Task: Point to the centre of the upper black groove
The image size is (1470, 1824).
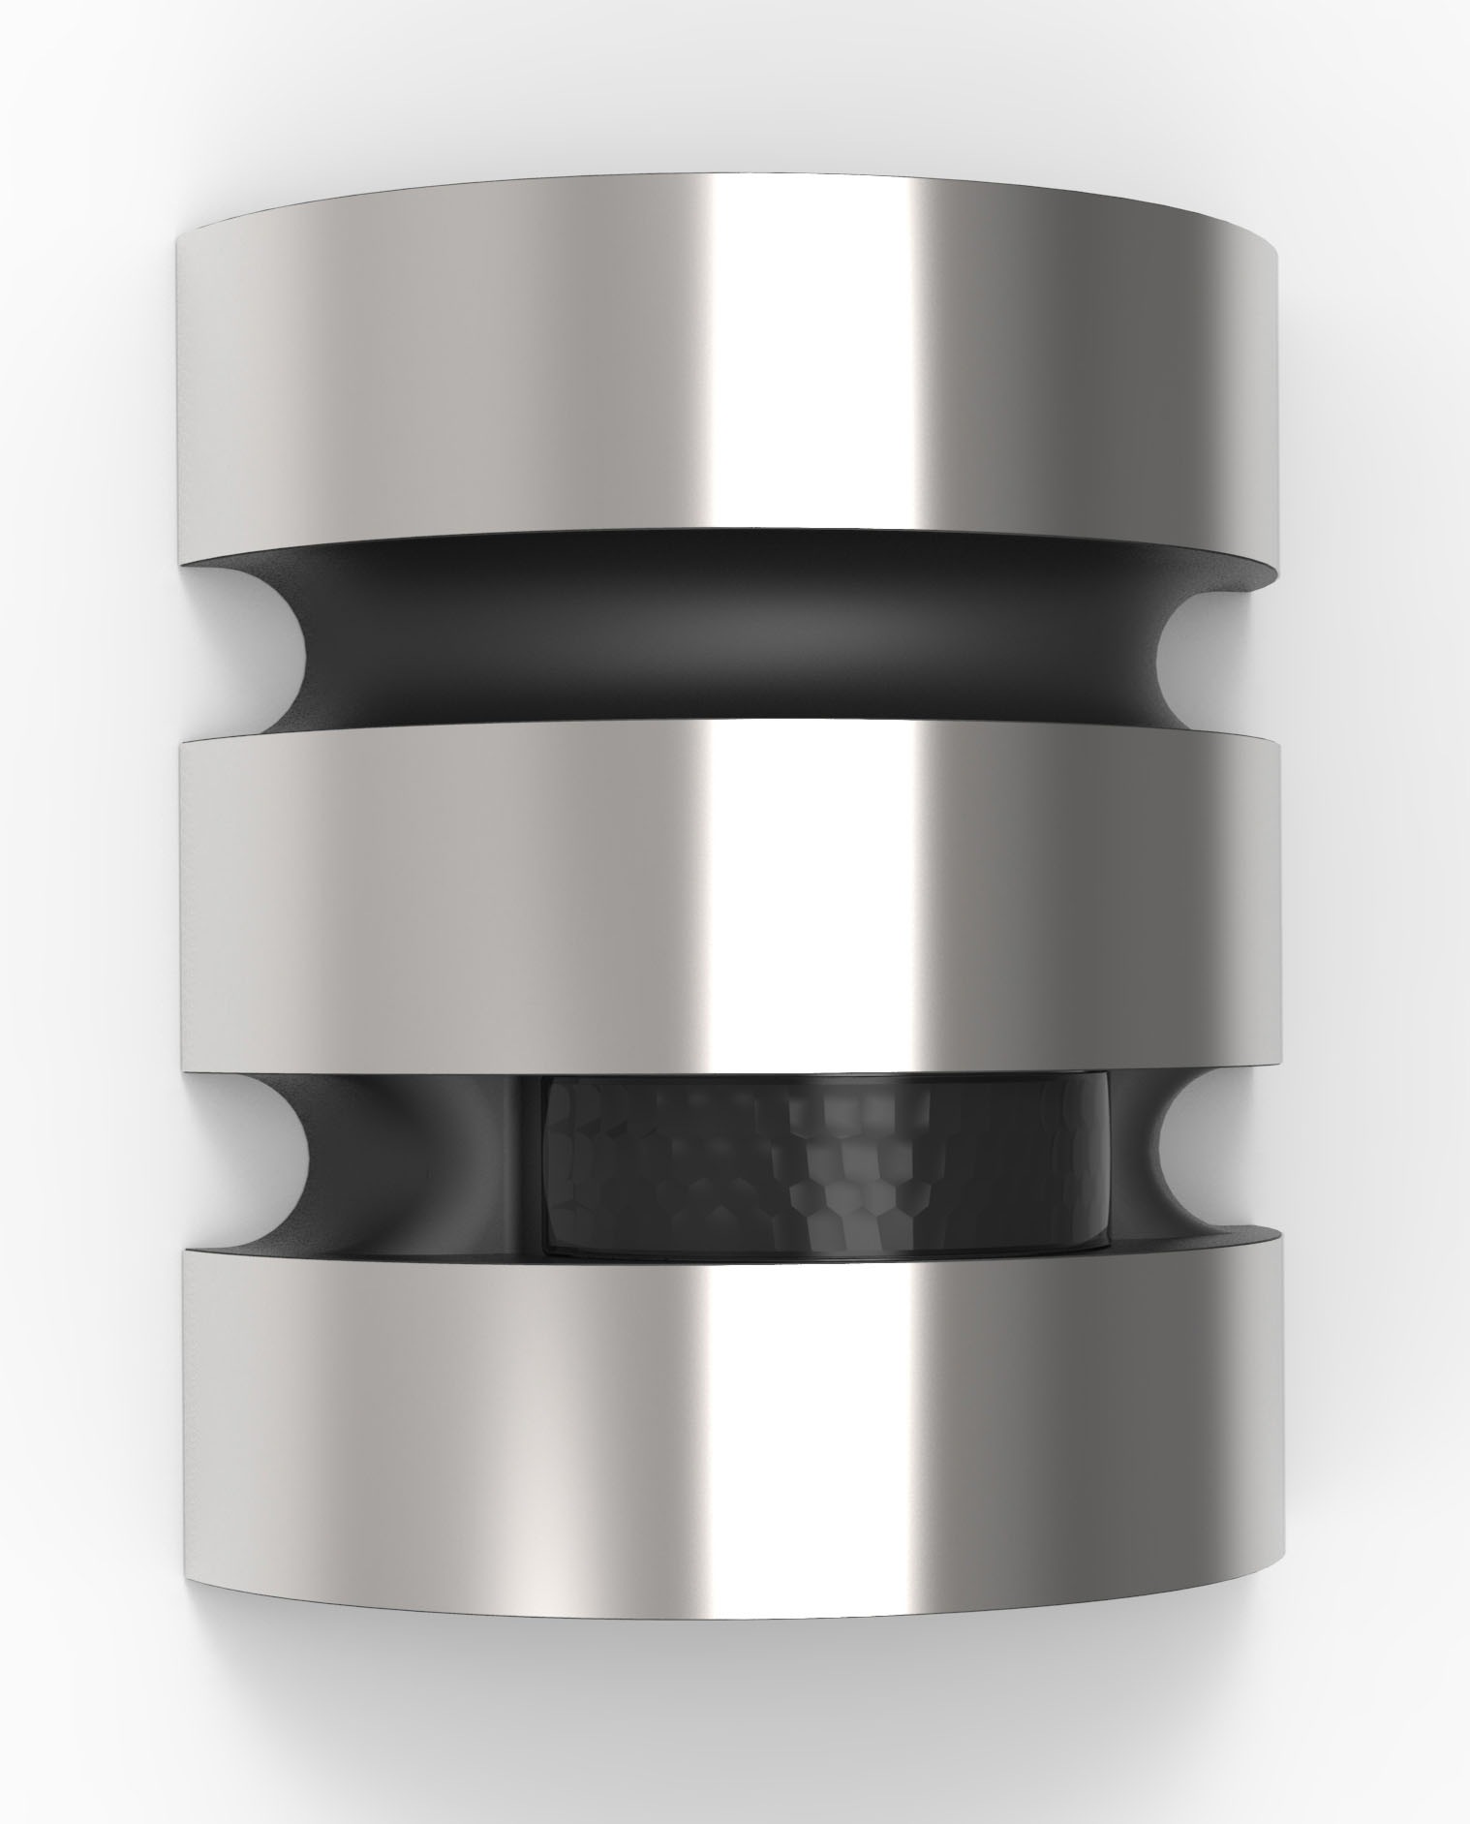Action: [726, 634]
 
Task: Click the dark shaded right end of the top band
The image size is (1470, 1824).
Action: [1210, 387]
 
